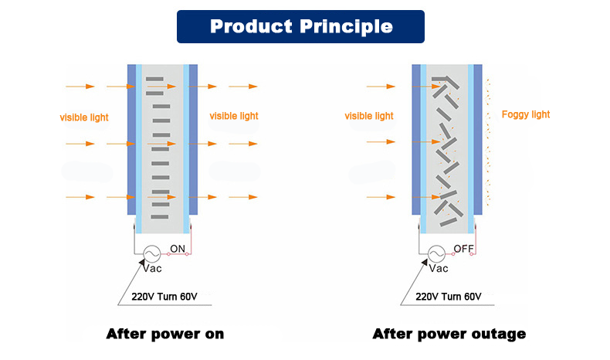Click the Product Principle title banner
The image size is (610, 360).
[x=300, y=26]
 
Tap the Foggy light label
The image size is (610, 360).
[x=526, y=114]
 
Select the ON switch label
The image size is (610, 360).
[x=178, y=248]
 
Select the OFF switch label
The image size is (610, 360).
[x=463, y=248]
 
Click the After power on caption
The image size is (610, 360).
[x=165, y=334]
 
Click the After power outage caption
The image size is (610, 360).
[x=449, y=334]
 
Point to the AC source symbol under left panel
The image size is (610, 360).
[x=148, y=253]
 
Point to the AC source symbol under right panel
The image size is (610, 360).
[x=435, y=253]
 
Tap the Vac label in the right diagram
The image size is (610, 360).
[x=438, y=269]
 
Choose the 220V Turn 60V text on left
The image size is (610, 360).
[x=164, y=297]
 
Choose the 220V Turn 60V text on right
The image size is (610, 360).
[x=449, y=297]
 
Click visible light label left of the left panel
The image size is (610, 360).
[x=84, y=117]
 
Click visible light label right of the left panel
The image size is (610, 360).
[x=234, y=116]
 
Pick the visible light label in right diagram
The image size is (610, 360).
[x=369, y=116]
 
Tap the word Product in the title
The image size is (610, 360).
[x=249, y=26]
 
